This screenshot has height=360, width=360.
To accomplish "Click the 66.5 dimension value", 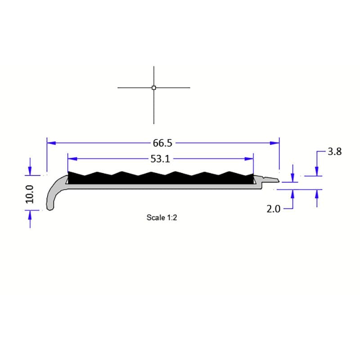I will point(163,143).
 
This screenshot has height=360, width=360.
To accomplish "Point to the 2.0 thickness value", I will point(274,209).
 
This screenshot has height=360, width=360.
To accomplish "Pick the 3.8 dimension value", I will point(334,152).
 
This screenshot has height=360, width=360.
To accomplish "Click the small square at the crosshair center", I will point(154,88).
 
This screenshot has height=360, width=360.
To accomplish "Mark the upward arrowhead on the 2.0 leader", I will point(293,193).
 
